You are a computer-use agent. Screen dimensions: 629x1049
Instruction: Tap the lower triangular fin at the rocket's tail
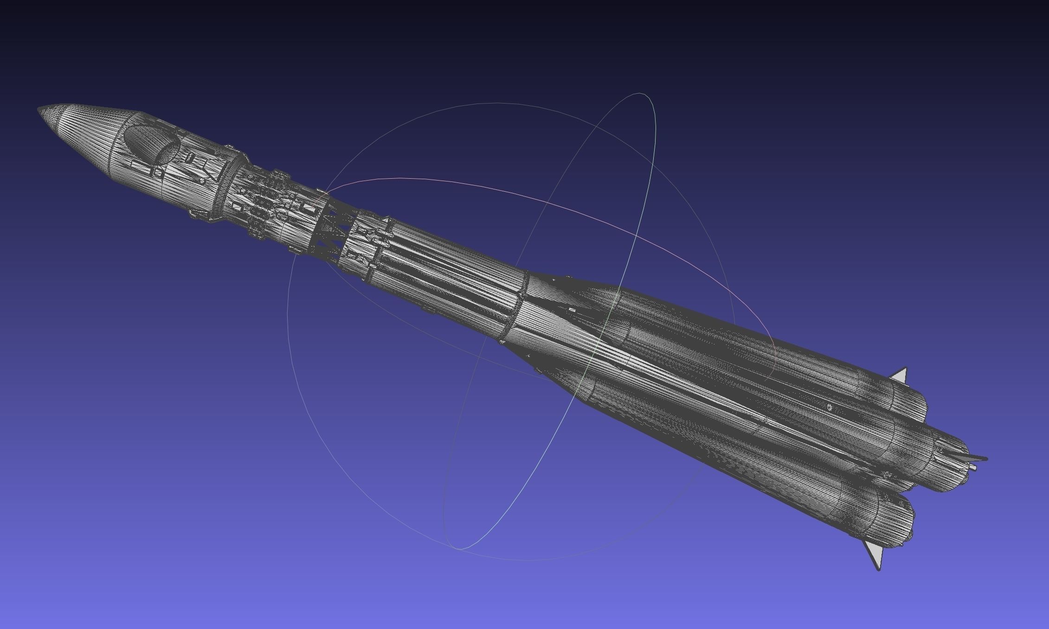874,555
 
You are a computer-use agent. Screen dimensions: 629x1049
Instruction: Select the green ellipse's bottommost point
459,549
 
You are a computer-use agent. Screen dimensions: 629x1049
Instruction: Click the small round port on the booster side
830,407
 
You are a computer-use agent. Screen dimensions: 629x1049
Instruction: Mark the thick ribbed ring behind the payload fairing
231,186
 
